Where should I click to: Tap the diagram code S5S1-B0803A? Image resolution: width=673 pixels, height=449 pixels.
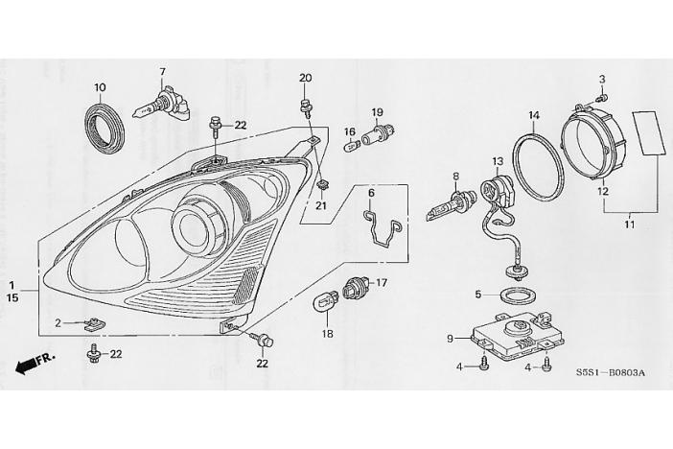pyautogui.click(x=610, y=372)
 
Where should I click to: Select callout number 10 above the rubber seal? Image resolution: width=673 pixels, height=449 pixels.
pyautogui.click(x=100, y=87)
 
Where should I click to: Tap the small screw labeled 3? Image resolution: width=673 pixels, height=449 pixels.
pyautogui.click(x=603, y=99)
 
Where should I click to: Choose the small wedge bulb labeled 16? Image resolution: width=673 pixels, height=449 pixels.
pyautogui.click(x=351, y=147)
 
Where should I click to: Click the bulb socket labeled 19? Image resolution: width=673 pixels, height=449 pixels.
pyautogui.click(x=378, y=133)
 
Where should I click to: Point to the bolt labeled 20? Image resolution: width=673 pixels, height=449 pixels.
pyautogui.click(x=305, y=107)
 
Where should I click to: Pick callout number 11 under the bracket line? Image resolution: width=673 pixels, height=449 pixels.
pyautogui.click(x=630, y=224)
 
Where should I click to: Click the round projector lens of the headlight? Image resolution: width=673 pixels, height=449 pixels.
pyautogui.click(x=193, y=226)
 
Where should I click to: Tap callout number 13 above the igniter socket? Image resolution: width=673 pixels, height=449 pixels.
pyautogui.click(x=498, y=161)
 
